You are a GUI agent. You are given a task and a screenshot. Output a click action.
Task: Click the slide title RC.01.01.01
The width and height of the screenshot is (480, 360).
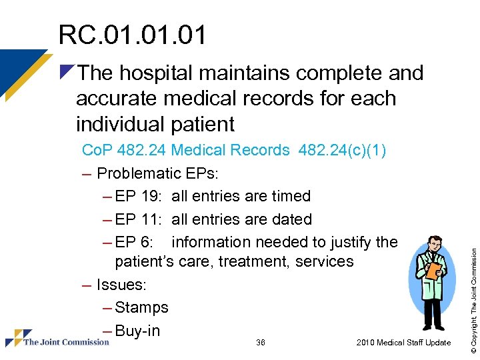tap(132, 35)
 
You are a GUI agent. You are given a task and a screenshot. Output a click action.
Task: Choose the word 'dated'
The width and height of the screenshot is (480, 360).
tap(289, 219)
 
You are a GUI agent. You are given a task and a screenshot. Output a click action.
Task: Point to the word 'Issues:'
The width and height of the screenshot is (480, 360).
tap(122, 285)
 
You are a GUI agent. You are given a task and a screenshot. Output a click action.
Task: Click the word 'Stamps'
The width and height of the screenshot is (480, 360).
tap(141, 307)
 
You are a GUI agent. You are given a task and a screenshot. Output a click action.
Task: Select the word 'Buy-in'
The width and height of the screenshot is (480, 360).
tap(137, 330)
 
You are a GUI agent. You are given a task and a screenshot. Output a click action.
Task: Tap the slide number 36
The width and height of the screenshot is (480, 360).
tap(261, 343)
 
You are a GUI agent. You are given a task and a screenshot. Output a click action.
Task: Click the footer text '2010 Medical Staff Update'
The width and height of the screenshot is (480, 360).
tap(403, 343)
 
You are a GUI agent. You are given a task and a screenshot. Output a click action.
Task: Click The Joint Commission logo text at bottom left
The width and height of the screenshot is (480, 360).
tap(66, 342)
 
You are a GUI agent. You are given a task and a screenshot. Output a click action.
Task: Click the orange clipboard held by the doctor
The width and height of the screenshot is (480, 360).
tap(433, 270)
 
